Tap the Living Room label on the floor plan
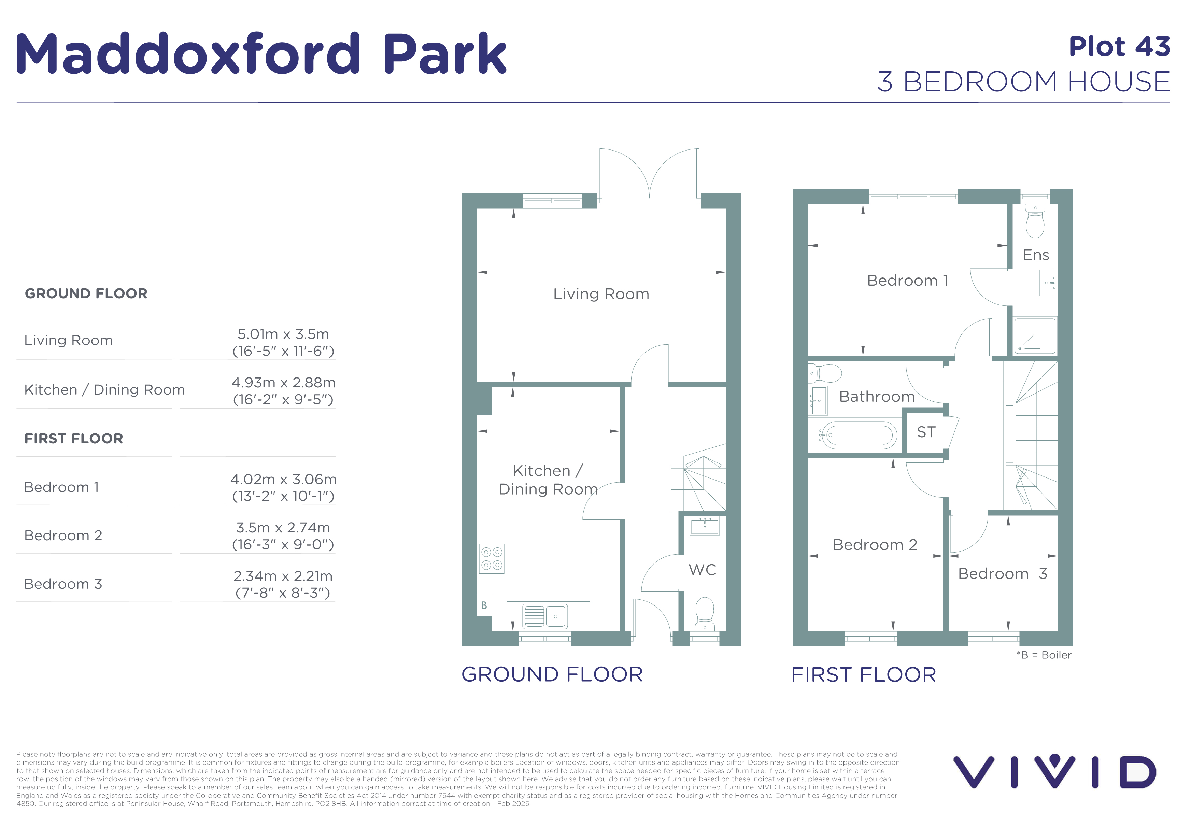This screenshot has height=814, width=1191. pyautogui.click(x=601, y=294)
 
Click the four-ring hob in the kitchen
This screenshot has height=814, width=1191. pyautogui.click(x=492, y=558)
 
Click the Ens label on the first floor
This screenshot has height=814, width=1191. pyautogui.click(x=1036, y=255)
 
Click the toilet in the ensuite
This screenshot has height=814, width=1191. pyautogui.click(x=1035, y=221)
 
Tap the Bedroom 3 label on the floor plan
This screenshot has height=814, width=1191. pyautogui.click(x=1003, y=574)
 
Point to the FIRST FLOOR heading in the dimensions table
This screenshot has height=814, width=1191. pyautogui.click(x=74, y=439)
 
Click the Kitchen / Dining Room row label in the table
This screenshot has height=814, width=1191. pyautogui.click(x=104, y=390)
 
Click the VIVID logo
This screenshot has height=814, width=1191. pyautogui.click(x=1055, y=771)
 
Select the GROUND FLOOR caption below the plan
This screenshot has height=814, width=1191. pyautogui.click(x=552, y=675)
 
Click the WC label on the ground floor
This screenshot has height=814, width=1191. pyautogui.click(x=702, y=570)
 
